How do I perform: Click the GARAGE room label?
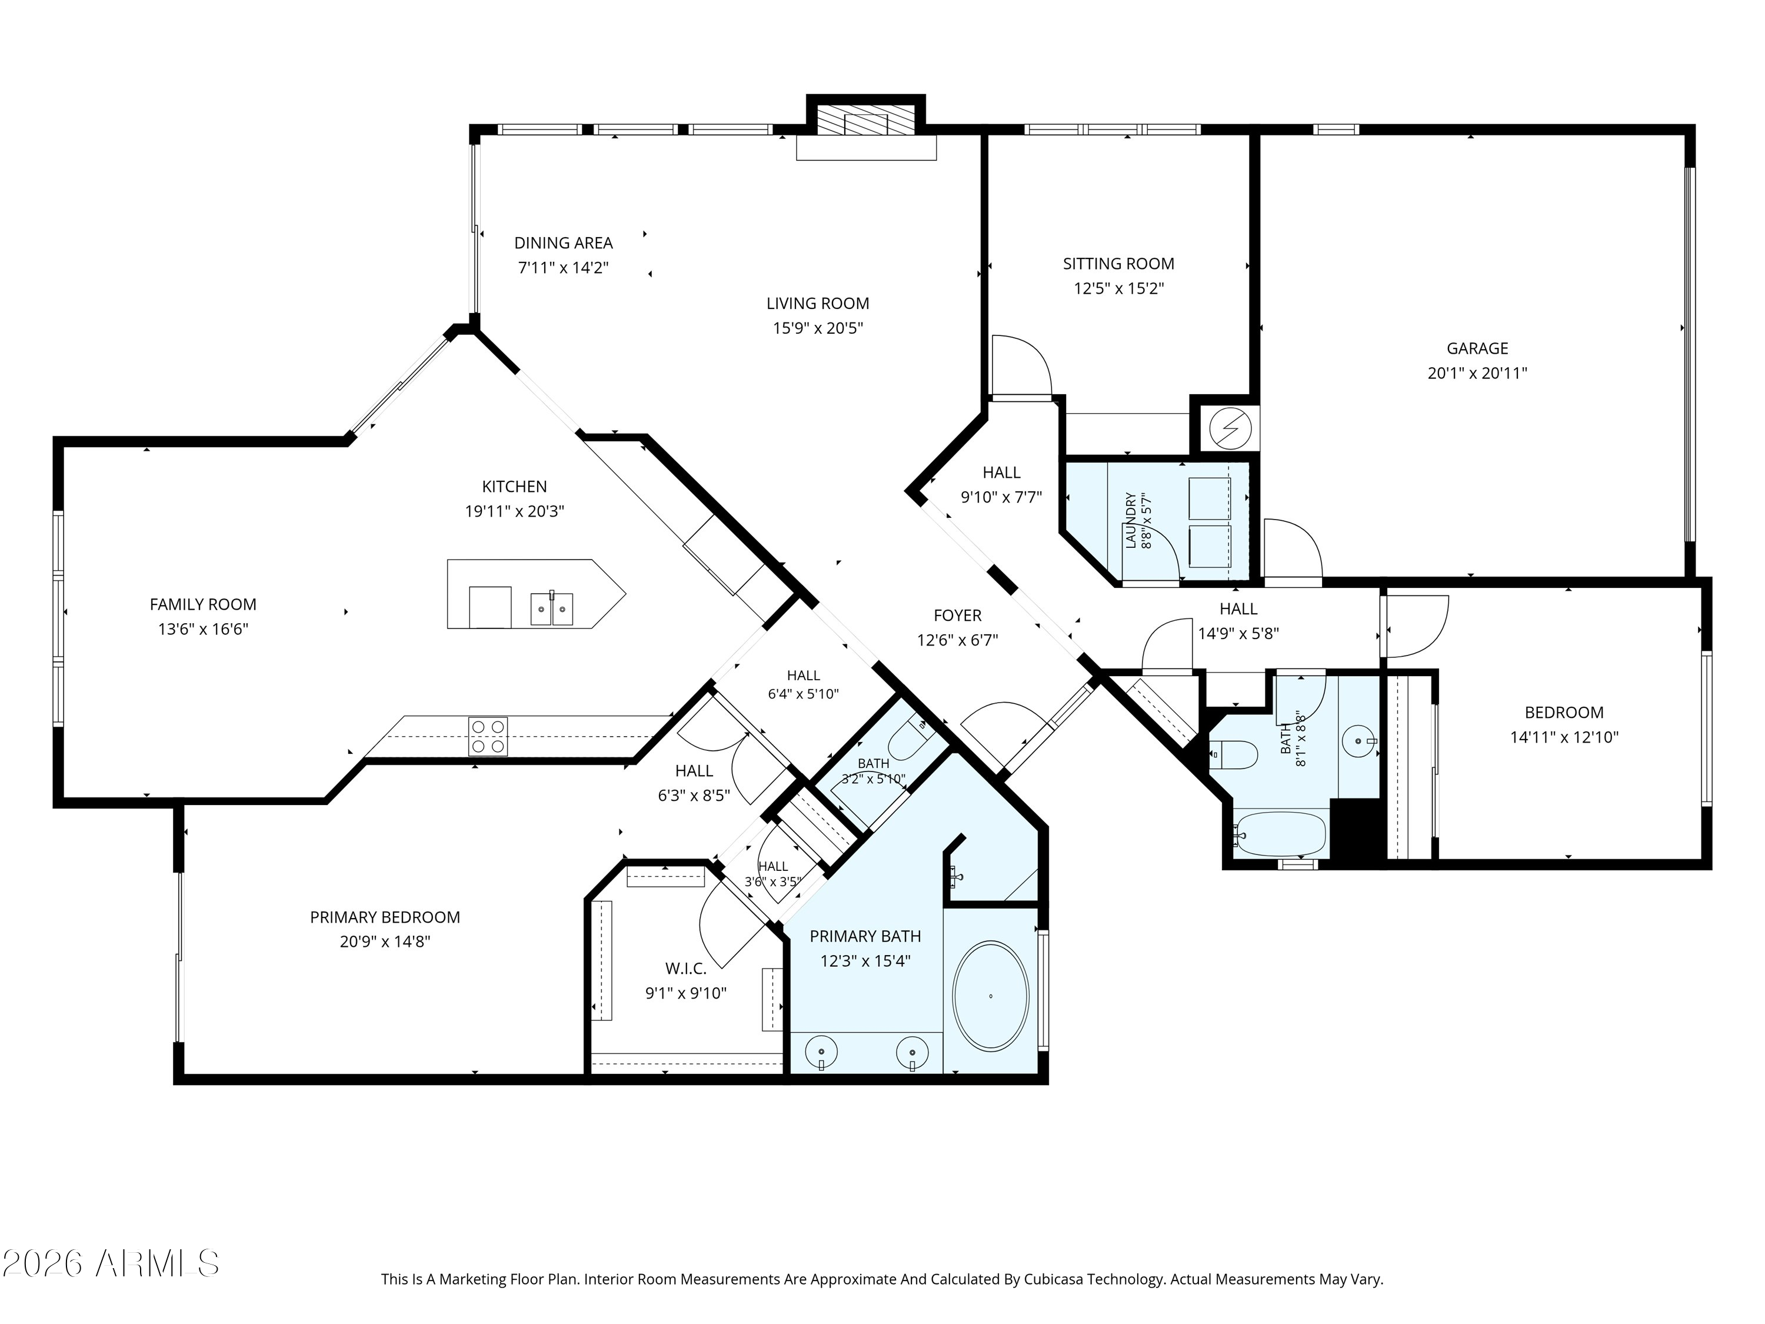[1477, 348]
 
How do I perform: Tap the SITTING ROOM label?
[1118, 264]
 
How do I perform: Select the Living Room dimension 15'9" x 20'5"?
[818, 328]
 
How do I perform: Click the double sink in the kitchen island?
[551, 609]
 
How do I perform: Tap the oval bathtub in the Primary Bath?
[991, 997]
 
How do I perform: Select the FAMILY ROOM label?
[202, 605]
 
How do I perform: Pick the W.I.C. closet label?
[685, 969]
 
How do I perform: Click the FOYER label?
[957, 616]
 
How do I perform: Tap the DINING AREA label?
[564, 242]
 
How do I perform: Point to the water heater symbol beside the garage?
[1225, 430]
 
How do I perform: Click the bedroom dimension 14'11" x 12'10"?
[1564, 737]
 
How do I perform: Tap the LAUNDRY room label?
[1130, 520]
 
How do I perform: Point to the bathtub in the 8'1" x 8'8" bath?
[1280, 835]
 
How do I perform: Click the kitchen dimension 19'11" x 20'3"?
[515, 511]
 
